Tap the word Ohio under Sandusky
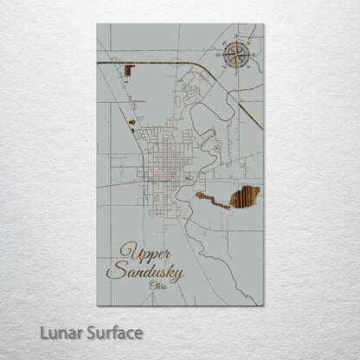158,286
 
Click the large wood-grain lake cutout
245,197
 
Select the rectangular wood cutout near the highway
129,71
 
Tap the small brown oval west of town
132,122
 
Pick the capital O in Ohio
151,286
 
